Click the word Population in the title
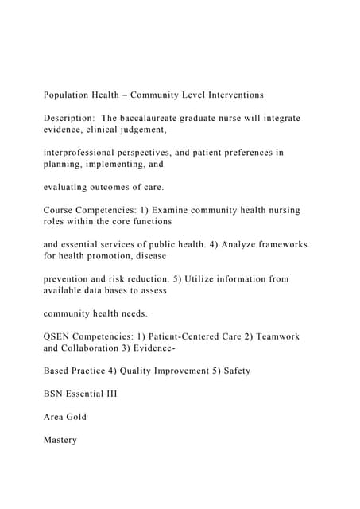[68, 95]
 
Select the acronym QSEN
[59, 336]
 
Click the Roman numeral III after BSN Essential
[110, 394]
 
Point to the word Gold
[77, 417]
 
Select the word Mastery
[60, 440]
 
